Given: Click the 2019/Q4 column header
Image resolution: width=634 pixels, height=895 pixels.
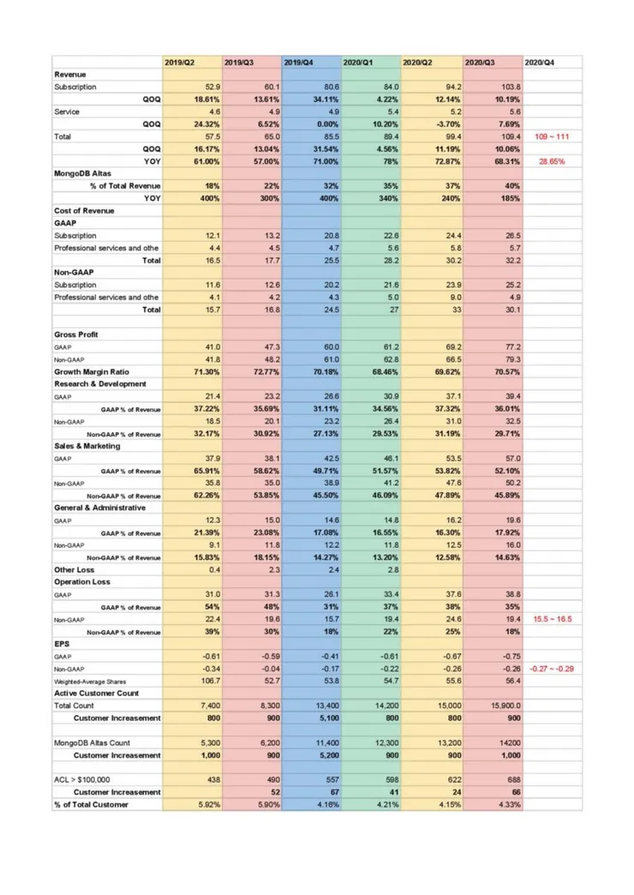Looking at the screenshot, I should pos(297,63).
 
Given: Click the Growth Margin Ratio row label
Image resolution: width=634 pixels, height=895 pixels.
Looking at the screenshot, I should pos(93,372).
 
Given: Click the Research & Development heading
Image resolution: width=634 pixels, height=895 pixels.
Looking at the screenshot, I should pos(100,384).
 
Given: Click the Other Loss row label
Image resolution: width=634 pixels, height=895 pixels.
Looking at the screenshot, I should pos(75,569).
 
